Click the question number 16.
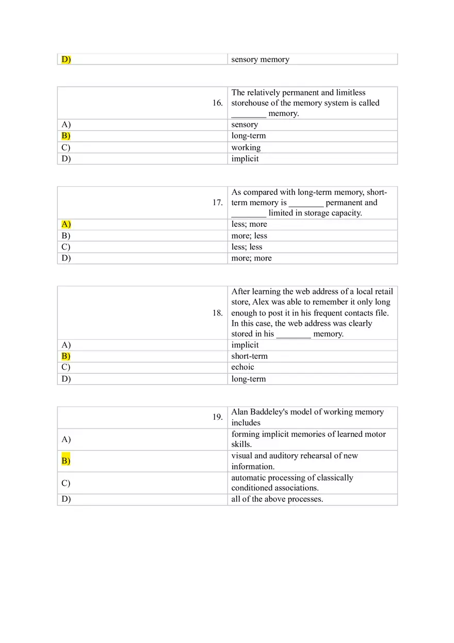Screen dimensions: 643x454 217,103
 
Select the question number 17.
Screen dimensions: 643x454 217,203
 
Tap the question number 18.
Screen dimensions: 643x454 217,313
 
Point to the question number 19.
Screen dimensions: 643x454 217,417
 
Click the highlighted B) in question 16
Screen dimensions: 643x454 66,136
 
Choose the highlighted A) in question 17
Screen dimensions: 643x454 66,224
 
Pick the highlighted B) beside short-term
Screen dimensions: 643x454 66,356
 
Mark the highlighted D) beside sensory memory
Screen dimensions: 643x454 66,59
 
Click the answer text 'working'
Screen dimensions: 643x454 246,147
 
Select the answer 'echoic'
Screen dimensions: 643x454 242,367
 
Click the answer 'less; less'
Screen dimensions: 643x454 247,247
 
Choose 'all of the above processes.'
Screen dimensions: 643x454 277,499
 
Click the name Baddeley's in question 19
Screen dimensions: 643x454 272,412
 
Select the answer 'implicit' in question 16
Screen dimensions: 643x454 245,159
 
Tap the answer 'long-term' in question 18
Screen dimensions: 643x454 248,379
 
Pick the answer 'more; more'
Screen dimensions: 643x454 251,258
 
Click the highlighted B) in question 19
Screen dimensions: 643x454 66,461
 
